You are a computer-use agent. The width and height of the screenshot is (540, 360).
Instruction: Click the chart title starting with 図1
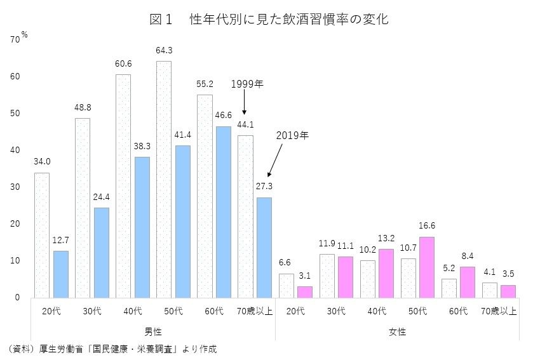[x=269, y=19]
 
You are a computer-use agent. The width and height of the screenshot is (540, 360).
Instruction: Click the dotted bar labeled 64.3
[x=164, y=179]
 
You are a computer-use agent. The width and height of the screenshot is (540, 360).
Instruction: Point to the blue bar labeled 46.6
[x=224, y=211]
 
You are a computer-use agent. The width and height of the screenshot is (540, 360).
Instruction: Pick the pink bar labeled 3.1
[x=304, y=291]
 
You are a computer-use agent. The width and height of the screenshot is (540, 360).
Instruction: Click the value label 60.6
[x=123, y=64]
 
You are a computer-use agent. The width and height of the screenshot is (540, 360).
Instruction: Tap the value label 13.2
[x=386, y=239]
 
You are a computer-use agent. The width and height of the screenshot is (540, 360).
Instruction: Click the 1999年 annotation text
[x=246, y=84]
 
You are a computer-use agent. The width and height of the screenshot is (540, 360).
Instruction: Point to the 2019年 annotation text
[x=292, y=135]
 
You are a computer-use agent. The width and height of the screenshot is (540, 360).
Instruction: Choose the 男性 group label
[x=153, y=331]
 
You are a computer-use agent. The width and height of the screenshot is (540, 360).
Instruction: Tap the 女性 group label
[x=397, y=331]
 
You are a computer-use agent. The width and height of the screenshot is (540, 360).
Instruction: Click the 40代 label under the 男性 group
[x=132, y=311]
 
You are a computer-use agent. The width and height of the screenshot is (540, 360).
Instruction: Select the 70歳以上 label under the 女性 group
[x=498, y=311]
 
